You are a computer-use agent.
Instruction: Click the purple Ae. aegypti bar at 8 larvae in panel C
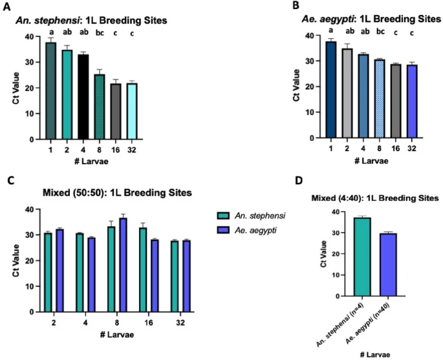123,265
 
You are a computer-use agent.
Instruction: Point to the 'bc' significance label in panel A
99,32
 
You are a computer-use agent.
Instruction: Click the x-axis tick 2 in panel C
52,321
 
